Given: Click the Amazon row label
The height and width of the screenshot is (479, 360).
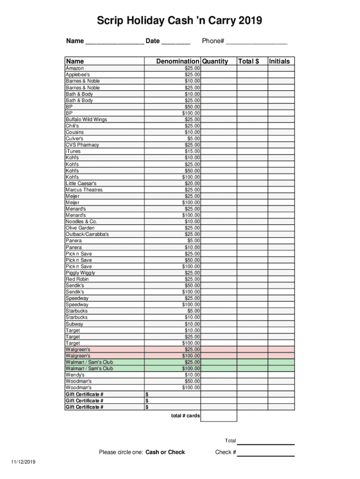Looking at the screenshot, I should [x=75, y=68].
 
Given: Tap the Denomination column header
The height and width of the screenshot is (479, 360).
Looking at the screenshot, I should [x=177, y=61].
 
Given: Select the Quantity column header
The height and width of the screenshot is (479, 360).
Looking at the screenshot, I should [x=215, y=61].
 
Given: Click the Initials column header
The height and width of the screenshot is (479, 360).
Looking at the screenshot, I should [x=279, y=61].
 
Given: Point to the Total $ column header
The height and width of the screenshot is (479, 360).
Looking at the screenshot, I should [x=248, y=61].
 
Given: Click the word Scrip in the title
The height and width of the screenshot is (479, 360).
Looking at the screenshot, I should [x=109, y=21].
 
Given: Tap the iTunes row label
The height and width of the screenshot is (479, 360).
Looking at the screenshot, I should [x=73, y=152].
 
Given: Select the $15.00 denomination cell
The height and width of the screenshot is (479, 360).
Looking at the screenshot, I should [x=192, y=152].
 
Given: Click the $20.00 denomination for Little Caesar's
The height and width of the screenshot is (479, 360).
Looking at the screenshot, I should [x=192, y=183].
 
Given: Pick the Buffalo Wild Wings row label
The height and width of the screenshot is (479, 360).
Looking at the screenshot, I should [x=86, y=120].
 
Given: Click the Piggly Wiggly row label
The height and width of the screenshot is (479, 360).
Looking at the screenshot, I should [x=80, y=273].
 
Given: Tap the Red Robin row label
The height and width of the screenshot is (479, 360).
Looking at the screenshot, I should [x=77, y=279].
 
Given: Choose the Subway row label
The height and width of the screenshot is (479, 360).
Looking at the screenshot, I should [x=74, y=324].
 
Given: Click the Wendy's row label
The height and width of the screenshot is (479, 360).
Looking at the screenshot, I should [x=75, y=375].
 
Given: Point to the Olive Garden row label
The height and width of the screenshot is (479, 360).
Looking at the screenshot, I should [x=80, y=228].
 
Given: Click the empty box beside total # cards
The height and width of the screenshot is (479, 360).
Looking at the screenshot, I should [x=219, y=416].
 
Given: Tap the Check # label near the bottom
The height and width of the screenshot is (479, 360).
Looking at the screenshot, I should [x=225, y=452].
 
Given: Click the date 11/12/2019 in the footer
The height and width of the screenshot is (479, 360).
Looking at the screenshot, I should [x=24, y=462].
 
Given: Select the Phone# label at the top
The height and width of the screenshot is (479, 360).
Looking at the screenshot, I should [x=213, y=41].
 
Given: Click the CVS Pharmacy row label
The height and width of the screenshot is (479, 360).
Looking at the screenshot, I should [x=82, y=145].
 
